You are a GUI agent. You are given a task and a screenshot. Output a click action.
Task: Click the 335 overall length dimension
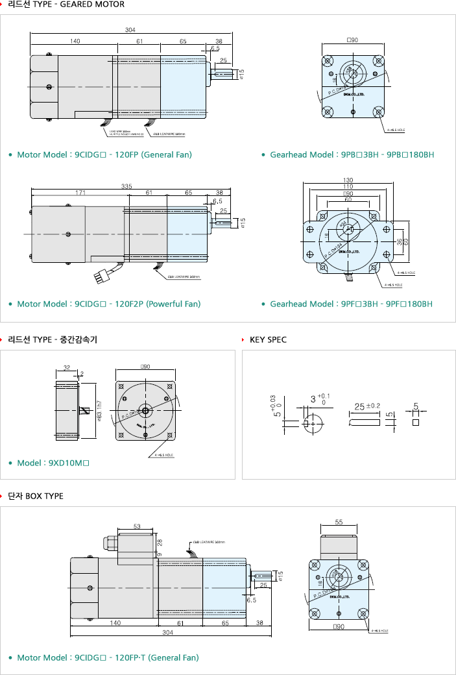point(126,186)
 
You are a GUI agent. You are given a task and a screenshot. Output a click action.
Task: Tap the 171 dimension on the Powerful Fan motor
point(80,193)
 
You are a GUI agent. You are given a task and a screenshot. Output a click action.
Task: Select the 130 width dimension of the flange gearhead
point(348,180)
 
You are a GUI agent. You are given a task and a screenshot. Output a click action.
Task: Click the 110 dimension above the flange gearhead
point(348,186)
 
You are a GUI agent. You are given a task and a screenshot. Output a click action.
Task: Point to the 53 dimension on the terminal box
point(137,526)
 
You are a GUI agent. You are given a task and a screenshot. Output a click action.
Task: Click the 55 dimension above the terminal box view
point(338,522)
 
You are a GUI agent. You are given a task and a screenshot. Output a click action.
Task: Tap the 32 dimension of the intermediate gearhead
point(67,367)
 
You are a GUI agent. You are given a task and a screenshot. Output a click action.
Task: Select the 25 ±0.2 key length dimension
point(366,406)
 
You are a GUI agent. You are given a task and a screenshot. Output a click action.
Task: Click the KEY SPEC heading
point(268,339)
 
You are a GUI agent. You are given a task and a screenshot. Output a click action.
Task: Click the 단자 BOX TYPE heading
point(36,496)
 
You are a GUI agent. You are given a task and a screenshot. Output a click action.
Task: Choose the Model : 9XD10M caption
point(53,463)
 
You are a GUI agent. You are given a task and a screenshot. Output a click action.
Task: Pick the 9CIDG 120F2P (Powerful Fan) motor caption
point(108,304)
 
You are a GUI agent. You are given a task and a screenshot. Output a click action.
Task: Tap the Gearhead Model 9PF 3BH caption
point(351,304)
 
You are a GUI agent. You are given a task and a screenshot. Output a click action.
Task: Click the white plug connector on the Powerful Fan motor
point(102,275)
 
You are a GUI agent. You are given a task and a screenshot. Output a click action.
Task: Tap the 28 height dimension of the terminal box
point(160,541)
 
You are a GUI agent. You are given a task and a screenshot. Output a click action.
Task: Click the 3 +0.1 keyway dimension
point(318,399)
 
